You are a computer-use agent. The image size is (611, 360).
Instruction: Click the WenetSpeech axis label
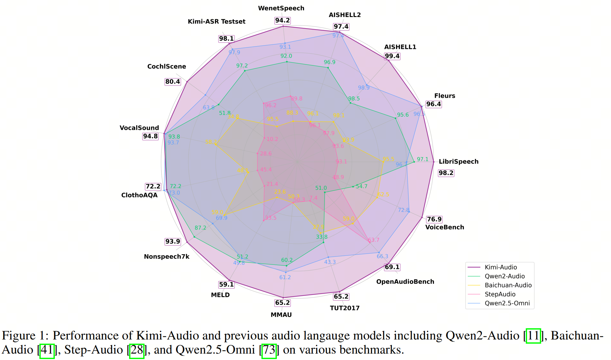(x=281, y=8)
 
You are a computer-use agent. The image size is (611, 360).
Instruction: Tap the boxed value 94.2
(x=282, y=21)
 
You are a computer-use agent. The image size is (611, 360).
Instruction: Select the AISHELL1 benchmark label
(x=400, y=47)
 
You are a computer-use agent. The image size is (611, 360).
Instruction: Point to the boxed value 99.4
(x=392, y=56)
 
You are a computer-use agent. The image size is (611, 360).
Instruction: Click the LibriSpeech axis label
(x=458, y=162)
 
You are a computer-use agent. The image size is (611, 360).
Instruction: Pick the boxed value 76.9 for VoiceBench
(x=434, y=219)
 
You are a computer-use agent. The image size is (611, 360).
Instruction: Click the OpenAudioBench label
(x=405, y=282)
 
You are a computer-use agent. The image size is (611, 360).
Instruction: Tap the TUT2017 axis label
(x=344, y=308)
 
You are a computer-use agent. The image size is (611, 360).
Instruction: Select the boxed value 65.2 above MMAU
(x=282, y=303)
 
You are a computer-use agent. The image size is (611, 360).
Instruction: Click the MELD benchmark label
(x=220, y=295)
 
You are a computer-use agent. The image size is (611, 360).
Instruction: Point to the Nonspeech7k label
(x=167, y=257)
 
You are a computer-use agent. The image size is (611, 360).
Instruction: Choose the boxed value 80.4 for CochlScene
(x=173, y=82)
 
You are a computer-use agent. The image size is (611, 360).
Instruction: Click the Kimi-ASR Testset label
(x=216, y=21)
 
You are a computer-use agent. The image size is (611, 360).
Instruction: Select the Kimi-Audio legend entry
(x=500, y=267)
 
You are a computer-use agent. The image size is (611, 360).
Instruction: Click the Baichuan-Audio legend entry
(x=508, y=285)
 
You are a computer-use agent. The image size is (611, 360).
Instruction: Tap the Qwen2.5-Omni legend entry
(x=507, y=303)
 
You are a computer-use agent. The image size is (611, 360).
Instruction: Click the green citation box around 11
(x=533, y=336)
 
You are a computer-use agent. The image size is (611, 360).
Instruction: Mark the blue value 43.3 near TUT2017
(x=330, y=262)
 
